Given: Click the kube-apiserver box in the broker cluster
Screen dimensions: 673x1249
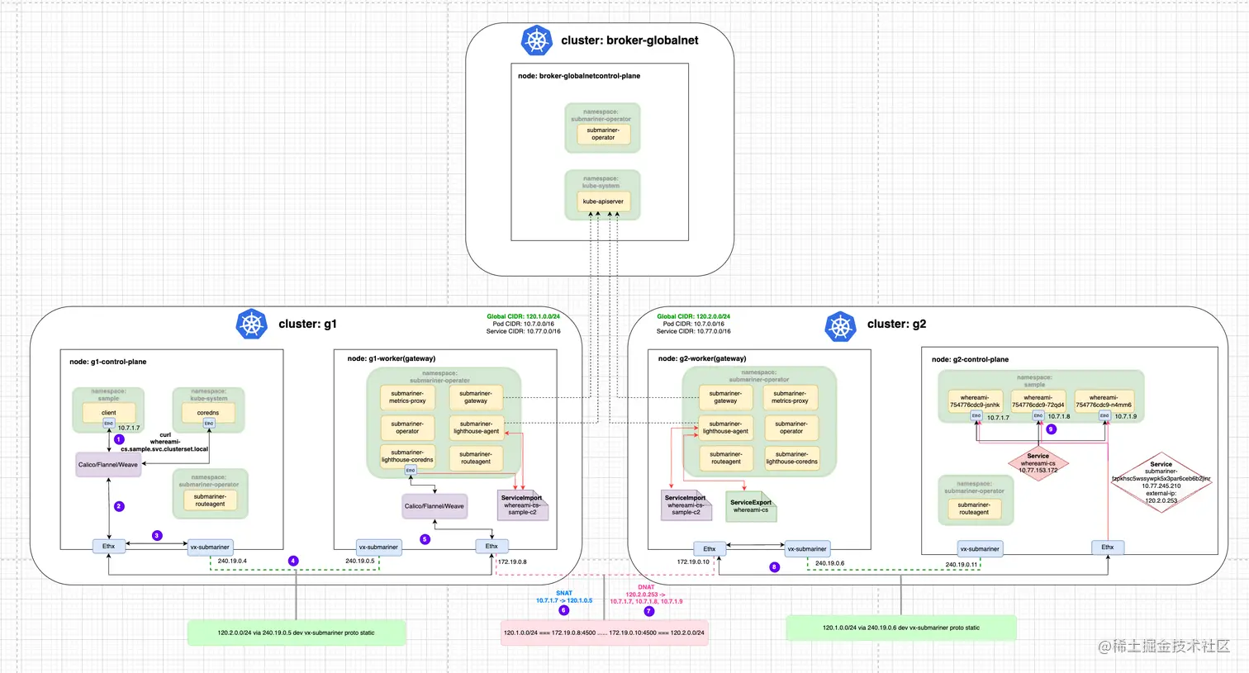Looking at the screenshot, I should point(603,201).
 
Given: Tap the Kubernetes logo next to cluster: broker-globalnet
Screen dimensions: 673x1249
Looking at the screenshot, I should point(536,40).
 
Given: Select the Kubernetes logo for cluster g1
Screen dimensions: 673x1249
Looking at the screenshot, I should point(251,324).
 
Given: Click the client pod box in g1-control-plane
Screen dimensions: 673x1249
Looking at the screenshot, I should point(108,412).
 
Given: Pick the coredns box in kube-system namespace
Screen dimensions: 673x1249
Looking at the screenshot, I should point(208,412).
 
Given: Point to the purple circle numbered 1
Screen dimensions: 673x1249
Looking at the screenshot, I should point(119,439).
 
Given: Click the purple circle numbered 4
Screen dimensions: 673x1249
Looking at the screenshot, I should point(293,561).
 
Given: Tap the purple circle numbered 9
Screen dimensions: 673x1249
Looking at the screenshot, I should point(1052,429).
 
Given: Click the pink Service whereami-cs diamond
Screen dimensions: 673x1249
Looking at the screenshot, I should point(1038,462).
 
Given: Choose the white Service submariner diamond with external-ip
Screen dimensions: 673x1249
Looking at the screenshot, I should point(1161,482).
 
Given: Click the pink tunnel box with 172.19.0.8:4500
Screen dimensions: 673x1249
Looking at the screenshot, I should point(604,633).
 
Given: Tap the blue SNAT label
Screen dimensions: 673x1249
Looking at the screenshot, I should point(564,593).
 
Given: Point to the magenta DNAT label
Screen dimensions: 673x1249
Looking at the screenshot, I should point(646,587).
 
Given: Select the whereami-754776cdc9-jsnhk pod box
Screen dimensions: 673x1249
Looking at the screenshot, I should point(975,401).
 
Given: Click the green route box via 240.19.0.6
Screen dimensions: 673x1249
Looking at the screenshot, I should point(900,628).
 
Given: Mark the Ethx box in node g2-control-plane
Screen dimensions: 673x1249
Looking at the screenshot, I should point(1107,547).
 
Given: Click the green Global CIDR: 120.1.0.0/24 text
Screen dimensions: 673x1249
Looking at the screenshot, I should point(523,316).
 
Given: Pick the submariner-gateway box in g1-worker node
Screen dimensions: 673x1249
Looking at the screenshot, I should point(476,397).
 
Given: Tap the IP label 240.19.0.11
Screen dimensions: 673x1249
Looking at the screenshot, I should point(962,565).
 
